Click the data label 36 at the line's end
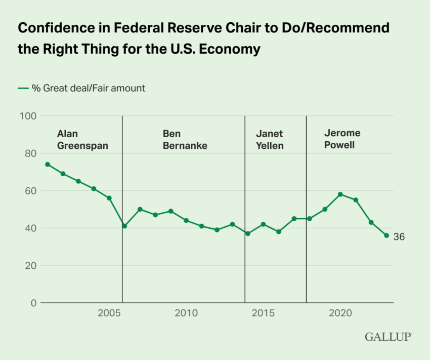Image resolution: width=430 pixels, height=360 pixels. click(x=399, y=236)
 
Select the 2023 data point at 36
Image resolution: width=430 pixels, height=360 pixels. click(x=386, y=235)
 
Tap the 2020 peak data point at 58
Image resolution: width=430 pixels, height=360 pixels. click(x=340, y=194)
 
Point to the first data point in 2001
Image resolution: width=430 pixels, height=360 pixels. click(x=48, y=164)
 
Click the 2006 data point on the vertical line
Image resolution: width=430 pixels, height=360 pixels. click(x=124, y=226)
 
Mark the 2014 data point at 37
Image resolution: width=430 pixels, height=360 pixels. click(x=248, y=233)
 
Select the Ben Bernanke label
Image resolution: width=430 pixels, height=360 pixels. click(x=185, y=140)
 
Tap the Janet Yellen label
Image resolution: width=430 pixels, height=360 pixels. click(x=270, y=140)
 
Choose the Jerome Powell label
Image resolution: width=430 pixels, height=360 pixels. click(x=342, y=139)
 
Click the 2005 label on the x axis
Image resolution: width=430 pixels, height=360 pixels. click(x=109, y=313)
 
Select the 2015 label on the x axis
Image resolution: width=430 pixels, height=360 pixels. click(x=263, y=313)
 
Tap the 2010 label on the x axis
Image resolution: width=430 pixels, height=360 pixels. click(x=186, y=313)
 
